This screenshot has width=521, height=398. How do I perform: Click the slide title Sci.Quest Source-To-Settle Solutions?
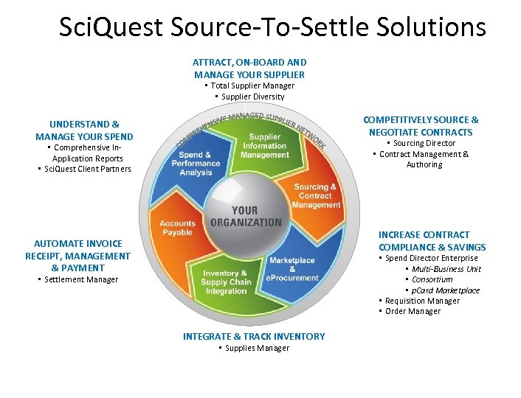pos(272,28)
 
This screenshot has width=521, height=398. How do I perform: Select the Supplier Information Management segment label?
pos(264,146)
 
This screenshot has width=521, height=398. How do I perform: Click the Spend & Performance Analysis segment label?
pos(196,164)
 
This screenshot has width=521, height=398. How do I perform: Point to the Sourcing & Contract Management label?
pos(316,196)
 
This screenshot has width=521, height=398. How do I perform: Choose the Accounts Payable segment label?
pos(178,228)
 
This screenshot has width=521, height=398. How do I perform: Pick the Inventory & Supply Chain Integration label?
pos(226,282)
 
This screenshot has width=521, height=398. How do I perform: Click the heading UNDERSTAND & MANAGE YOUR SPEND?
pos(84,130)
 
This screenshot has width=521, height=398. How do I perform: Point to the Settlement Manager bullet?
pos(81,279)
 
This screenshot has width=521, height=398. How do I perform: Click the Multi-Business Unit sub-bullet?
pos(446,269)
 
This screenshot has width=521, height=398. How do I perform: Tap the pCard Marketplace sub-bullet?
pos(446,290)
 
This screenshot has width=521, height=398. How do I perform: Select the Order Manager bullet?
pos(413,311)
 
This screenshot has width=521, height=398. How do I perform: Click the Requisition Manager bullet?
pos(422,301)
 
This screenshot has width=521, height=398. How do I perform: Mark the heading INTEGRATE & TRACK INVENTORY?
pos(254,336)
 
